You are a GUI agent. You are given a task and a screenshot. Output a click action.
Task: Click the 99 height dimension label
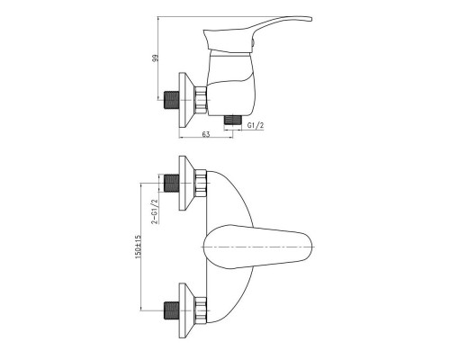155,58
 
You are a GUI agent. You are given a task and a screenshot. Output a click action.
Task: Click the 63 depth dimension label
206,134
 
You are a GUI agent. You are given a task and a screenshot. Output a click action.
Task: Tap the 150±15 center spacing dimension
138,247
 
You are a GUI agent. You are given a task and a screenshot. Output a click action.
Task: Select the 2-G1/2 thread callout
155,211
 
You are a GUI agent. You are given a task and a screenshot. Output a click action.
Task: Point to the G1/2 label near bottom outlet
256,125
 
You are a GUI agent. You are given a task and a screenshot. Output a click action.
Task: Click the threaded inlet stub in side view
172,100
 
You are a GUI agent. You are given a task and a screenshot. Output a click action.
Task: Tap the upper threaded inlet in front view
172,183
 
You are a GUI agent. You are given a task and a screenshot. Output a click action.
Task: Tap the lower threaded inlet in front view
172,310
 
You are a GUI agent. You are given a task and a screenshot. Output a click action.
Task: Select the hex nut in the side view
201,100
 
